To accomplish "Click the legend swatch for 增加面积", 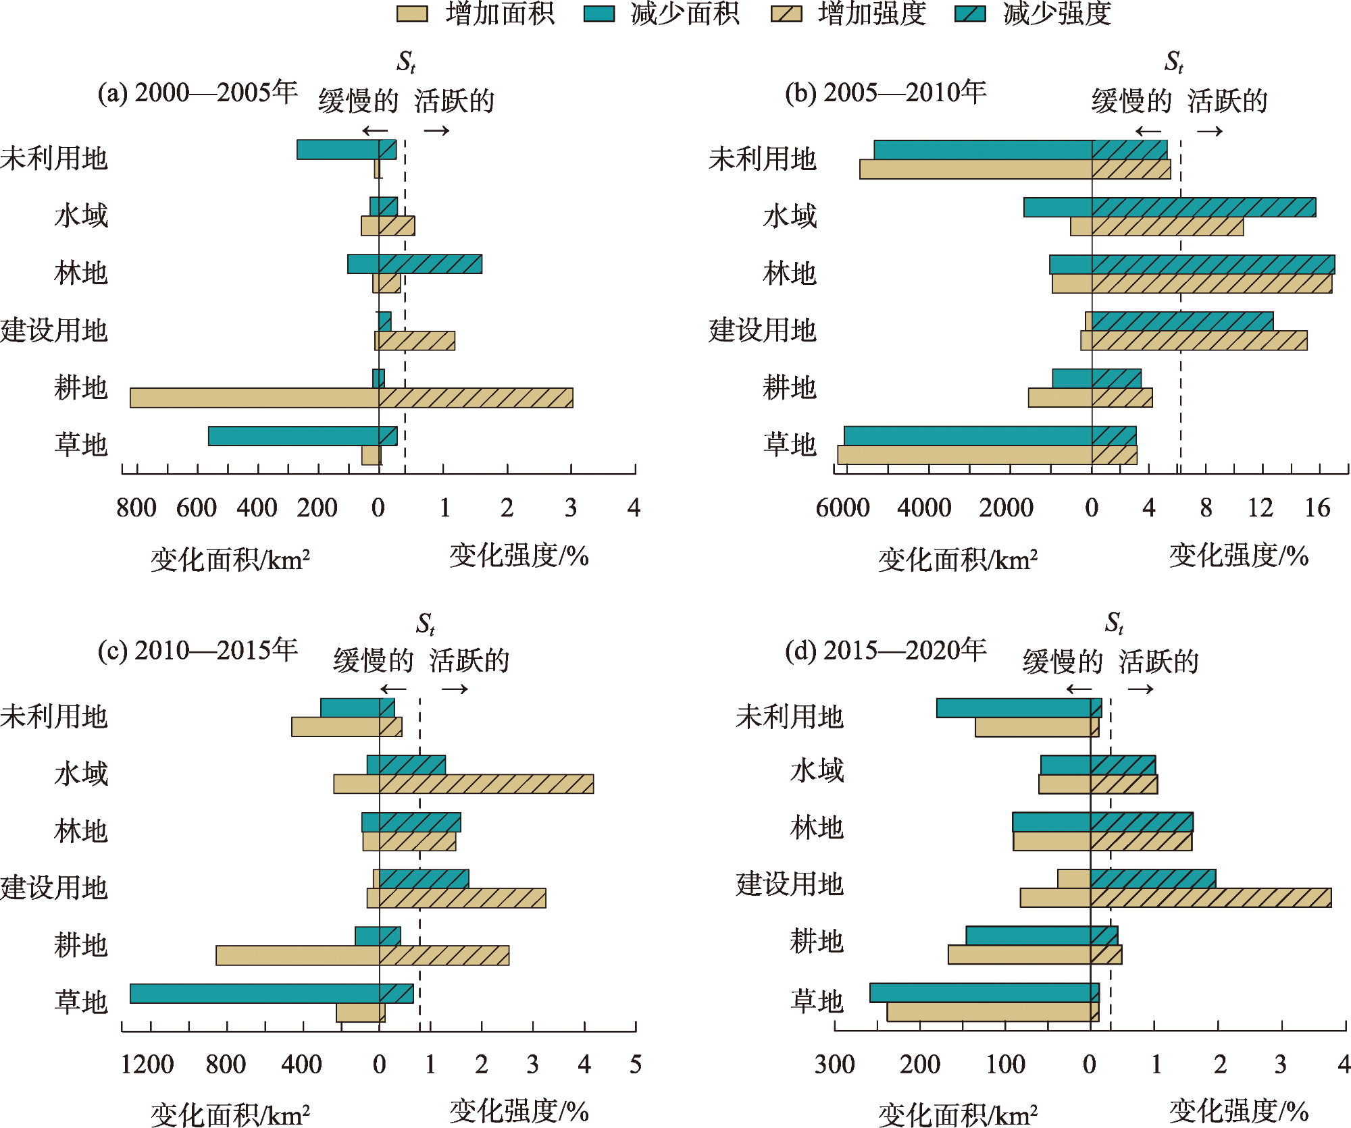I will [x=412, y=14].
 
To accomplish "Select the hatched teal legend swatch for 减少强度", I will [x=970, y=14].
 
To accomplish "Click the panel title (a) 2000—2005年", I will [x=197, y=92].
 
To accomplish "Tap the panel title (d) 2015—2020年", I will [x=885, y=650].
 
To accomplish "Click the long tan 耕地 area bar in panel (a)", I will [x=254, y=398].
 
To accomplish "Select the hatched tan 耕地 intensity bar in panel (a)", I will [x=476, y=398].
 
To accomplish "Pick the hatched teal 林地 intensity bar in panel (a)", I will [x=430, y=264].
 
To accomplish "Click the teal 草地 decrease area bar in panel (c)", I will [x=255, y=994].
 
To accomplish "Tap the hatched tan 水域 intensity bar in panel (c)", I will [x=486, y=784].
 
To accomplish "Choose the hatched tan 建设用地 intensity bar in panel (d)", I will [x=1210, y=898].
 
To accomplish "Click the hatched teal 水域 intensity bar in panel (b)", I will [x=1204, y=207].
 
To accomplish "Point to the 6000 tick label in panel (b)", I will [x=842, y=508].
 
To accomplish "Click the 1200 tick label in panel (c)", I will [x=147, y=1065].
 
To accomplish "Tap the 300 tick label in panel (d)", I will [x=835, y=1065].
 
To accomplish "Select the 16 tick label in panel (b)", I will [x=1317, y=508].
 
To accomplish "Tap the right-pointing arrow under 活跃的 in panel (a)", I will [x=437, y=131].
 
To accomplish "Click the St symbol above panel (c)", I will [x=426, y=624].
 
